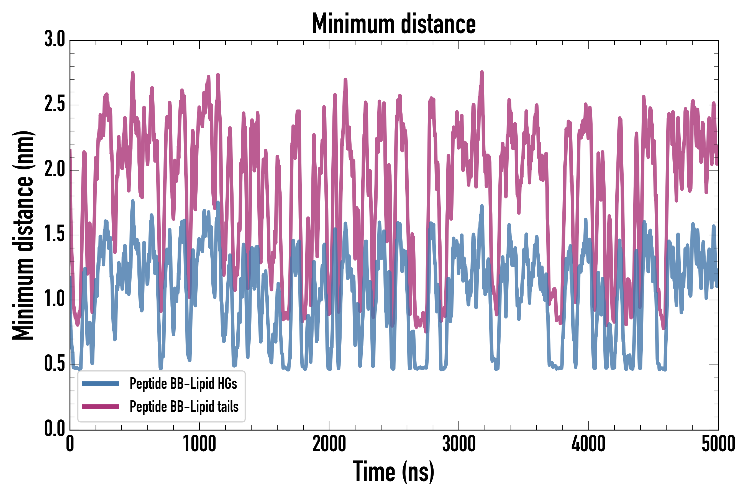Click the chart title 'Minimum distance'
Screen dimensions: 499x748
coord(394,24)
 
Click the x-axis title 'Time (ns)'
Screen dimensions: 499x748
coord(394,472)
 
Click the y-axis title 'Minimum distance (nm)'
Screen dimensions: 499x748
coord(23,235)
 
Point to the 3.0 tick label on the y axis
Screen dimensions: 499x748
coord(55,39)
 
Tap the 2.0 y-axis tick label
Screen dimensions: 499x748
coord(55,169)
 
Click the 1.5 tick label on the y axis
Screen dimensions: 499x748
coord(55,235)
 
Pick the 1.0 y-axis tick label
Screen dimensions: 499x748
coord(55,299)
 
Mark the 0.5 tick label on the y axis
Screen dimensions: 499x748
coord(55,364)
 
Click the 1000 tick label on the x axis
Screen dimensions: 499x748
coord(199,444)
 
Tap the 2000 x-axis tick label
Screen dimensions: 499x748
coord(329,444)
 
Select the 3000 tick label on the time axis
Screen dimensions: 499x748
coord(459,444)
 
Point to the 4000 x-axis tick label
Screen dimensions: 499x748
coord(588,444)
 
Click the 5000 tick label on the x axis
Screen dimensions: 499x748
coord(718,444)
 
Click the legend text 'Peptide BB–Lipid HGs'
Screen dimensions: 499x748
coord(183,383)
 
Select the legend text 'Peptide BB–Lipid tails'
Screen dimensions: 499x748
coord(184,407)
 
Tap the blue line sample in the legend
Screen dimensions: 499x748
coord(101,383)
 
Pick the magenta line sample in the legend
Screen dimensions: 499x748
coord(101,406)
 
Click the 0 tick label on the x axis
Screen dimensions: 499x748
coord(70,444)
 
